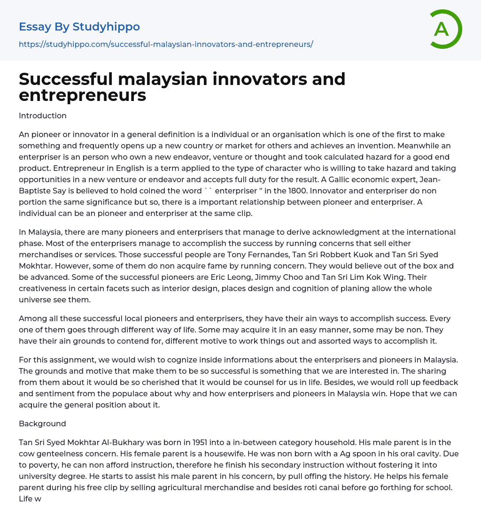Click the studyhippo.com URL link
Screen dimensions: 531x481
click(x=166, y=44)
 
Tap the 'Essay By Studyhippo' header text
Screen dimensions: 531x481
click(x=79, y=27)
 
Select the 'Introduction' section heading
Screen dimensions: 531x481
click(x=43, y=115)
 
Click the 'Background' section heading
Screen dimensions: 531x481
click(x=42, y=423)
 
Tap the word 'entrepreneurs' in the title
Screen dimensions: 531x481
click(x=83, y=95)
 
